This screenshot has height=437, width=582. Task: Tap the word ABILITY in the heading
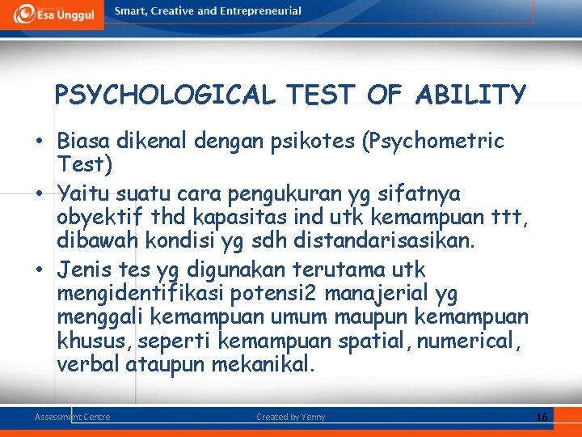(x=470, y=95)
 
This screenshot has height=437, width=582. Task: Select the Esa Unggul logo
(x=52, y=13)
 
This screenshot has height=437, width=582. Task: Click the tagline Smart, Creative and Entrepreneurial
(x=208, y=11)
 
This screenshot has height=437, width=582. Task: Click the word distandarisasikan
(x=377, y=241)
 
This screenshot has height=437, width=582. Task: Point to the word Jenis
(x=84, y=269)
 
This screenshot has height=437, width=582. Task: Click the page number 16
(x=542, y=417)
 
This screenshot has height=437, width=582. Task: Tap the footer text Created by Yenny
(x=291, y=417)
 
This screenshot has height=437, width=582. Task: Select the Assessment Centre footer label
(x=73, y=417)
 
